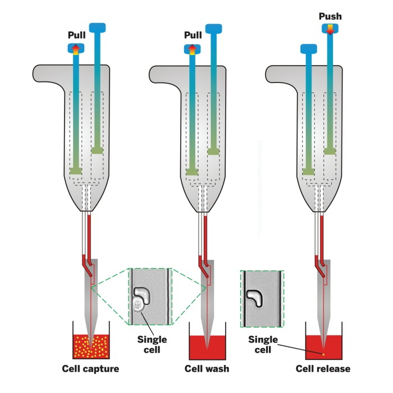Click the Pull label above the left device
tap(76, 35)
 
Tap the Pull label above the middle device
tap(193, 35)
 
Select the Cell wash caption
tap(207, 369)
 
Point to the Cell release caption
tap(323, 369)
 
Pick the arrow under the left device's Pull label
tap(76, 49)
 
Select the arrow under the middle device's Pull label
tap(193, 49)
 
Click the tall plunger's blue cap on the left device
tap(98, 27)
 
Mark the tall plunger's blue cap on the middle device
tap(214, 28)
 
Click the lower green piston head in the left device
tap(76, 170)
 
